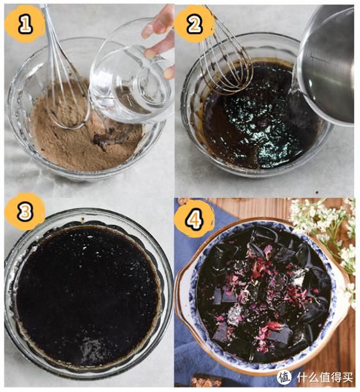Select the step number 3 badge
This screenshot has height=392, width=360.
pos(25,211)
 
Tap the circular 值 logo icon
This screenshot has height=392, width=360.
pos(284,377)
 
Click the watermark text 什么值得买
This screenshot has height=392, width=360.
pos(325,377)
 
